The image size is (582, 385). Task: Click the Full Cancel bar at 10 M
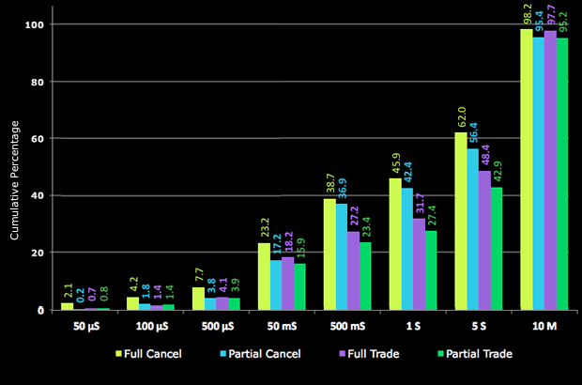tap(526, 169)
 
